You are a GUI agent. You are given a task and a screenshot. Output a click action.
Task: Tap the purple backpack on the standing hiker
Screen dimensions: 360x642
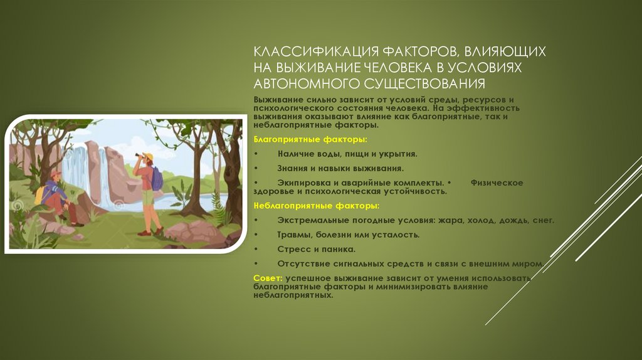tap(157, 178)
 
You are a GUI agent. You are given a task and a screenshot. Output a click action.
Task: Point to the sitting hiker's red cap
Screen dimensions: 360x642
tap(56, 174)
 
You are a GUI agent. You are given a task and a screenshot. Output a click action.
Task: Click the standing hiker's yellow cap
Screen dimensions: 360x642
tap(148, 156)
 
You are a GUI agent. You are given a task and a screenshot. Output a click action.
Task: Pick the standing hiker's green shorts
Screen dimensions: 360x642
tap(148, 198)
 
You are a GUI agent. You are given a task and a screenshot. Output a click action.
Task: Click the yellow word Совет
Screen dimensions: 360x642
tap(267, 277)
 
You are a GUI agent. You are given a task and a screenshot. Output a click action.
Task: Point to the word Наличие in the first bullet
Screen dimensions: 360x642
tap(295, 154)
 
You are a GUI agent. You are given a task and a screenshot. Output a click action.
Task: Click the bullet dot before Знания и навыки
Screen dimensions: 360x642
tap(256, 169)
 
